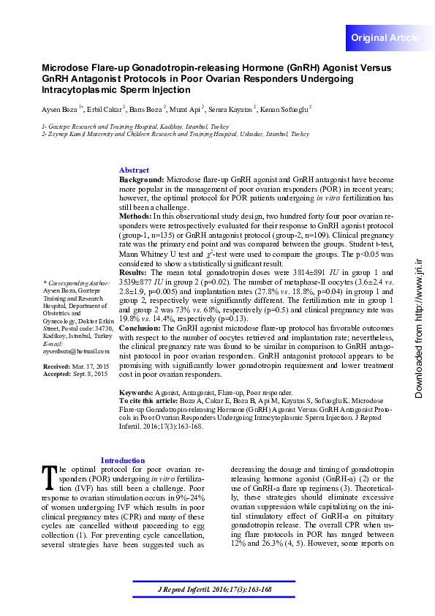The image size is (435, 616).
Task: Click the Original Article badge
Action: click(385, 37)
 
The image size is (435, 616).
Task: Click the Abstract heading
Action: click(134, 170)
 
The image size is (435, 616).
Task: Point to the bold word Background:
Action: click(142, 179)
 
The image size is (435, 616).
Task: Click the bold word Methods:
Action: click(135, 217)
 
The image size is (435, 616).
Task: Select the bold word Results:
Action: click(133, 272)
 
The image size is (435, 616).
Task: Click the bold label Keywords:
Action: click(137, 393)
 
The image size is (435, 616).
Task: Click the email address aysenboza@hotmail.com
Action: click(76, 352)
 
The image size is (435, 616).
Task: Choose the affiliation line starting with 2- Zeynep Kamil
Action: click(165, 135)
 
